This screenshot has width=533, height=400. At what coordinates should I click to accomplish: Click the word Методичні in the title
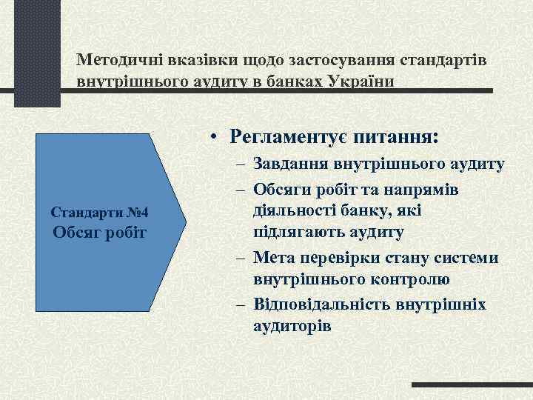(116, 59)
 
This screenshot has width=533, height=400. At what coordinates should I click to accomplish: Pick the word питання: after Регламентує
(400, 137)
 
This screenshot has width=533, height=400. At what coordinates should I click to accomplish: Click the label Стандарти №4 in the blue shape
(100, 213)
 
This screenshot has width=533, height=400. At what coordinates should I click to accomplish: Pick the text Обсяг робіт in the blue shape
(100, 234)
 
